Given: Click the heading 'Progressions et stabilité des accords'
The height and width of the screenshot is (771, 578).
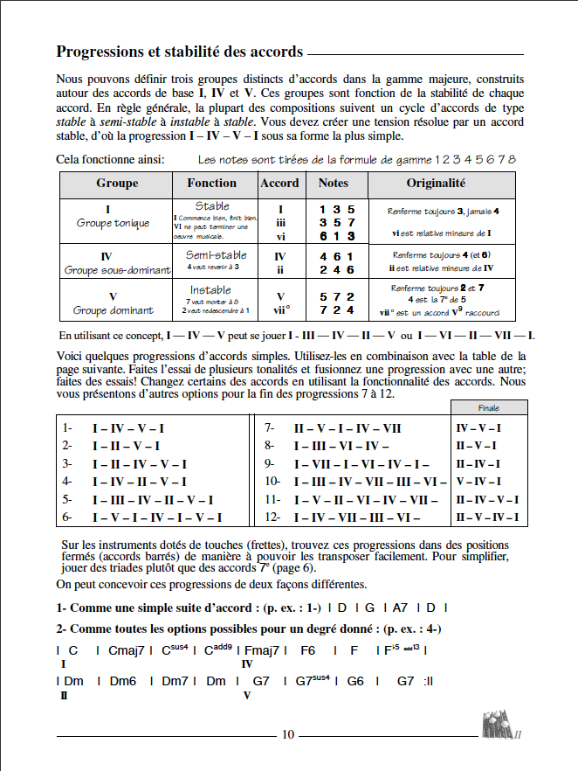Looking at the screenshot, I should point(179,52).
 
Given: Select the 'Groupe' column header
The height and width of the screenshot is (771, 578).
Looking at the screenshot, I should point(117,184).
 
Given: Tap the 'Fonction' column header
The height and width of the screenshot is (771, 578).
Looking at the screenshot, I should point(211,184).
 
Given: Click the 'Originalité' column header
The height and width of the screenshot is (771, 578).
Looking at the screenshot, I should point(436,184).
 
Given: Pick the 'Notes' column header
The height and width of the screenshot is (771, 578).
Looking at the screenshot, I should point(334,184).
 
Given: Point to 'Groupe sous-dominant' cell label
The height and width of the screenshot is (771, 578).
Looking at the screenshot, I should point(116,270).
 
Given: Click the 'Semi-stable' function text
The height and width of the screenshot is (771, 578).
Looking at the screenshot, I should point(217,255).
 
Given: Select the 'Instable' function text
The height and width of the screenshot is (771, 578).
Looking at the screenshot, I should point(210,289).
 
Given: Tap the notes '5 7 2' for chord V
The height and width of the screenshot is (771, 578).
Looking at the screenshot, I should point(336,297).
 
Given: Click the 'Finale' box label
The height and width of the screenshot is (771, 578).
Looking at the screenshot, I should point(488,408).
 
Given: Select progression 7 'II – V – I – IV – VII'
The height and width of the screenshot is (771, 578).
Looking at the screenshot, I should point(347,428).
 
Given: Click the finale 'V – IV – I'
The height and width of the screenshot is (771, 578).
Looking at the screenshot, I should point(478,482).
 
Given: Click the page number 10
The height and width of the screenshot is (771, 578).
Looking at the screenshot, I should point(288,734).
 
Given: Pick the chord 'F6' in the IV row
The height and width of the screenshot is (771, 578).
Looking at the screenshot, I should point(307,650).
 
